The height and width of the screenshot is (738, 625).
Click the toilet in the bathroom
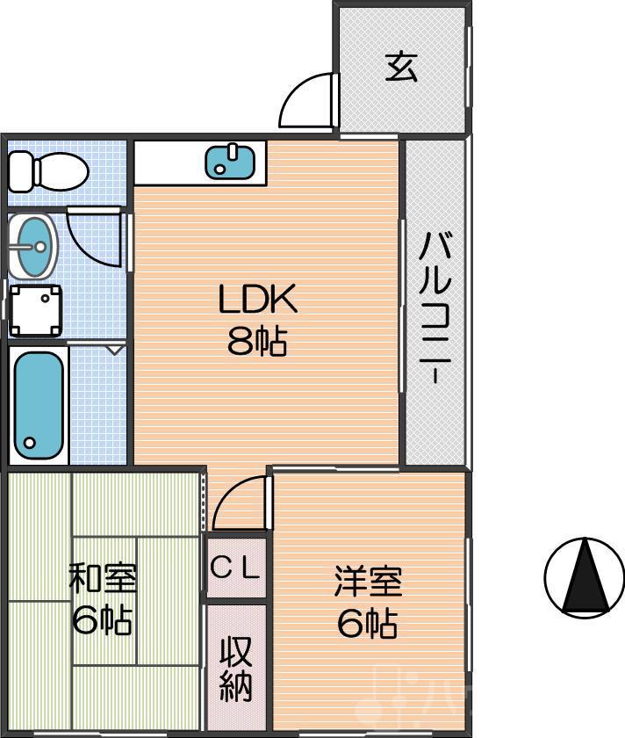48,171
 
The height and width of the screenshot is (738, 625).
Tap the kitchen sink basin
230,162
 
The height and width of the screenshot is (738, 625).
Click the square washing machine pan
36,310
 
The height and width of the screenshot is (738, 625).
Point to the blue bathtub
38,406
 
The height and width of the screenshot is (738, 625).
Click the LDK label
258,299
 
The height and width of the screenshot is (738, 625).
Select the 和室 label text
103,578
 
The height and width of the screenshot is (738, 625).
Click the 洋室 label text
368,582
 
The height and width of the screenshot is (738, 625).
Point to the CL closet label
234,568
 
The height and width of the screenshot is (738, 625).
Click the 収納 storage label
235,669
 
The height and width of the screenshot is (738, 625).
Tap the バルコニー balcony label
435,307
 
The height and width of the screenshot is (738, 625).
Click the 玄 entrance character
402,67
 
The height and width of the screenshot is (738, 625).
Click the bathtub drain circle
30,443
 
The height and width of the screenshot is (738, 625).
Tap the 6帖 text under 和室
102,621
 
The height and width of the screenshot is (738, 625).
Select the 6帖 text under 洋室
368,623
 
